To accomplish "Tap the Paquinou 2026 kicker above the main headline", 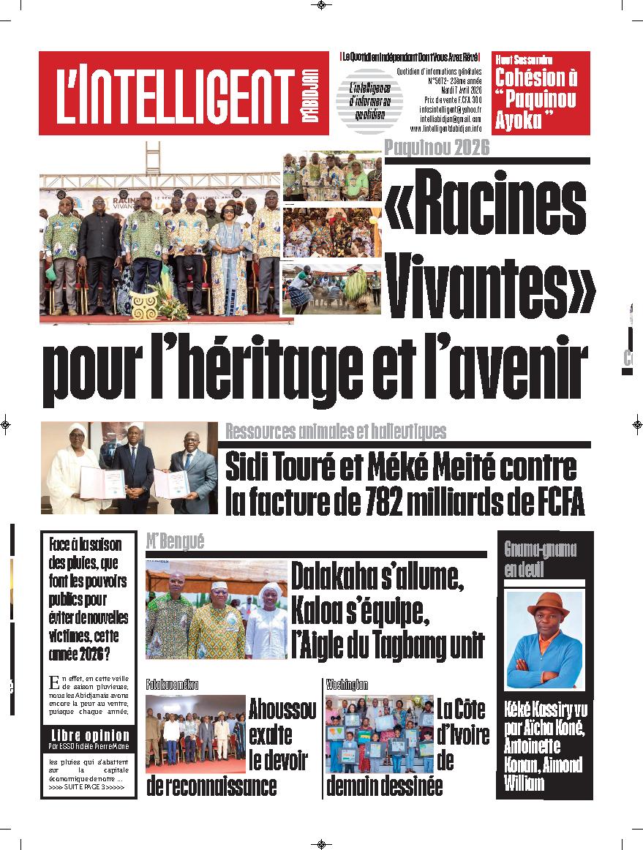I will pos(436,146).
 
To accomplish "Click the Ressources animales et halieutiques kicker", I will pos(335,431).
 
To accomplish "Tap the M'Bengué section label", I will pos(175,541).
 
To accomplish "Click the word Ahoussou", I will pos(282,709).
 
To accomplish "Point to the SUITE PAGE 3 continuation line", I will pos(86,787).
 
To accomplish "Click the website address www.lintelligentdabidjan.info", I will pos(445,128).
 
